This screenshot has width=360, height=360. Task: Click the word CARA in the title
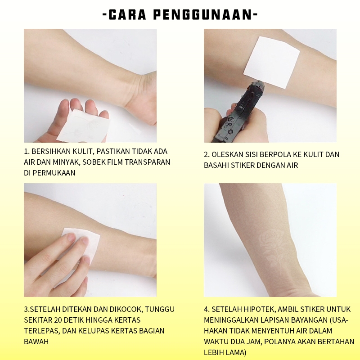[x=127, y=15]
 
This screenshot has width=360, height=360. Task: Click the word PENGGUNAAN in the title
[x=202, y=15]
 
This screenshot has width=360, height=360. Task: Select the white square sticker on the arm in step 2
[x=271, y=62]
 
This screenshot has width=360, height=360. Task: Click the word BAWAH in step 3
[x=36, y=342]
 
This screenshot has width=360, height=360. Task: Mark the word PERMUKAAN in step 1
[x=54, y=173]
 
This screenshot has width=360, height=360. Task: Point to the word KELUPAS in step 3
[x=94, y=331]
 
